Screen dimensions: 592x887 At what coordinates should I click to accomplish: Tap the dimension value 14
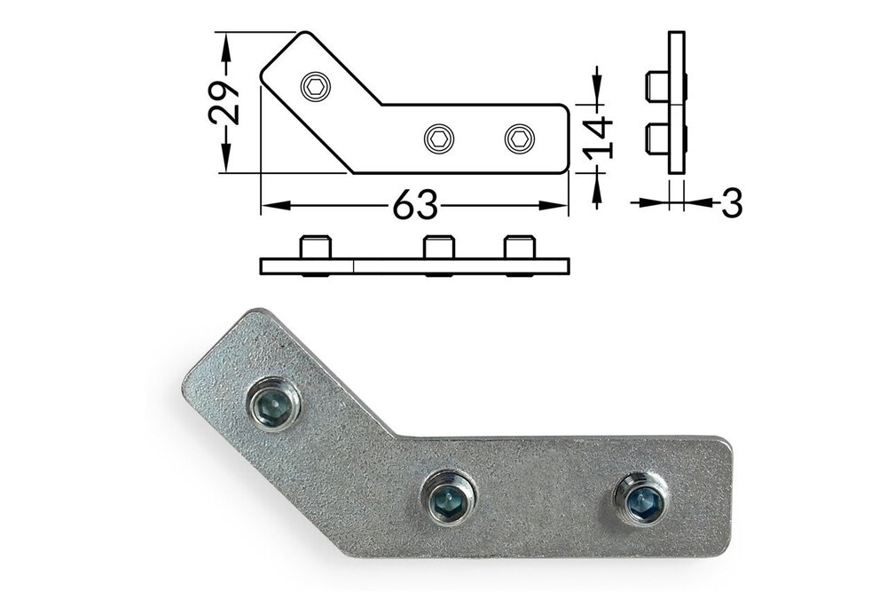coord(599,137)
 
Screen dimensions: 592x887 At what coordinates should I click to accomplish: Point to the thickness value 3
coord(731,203)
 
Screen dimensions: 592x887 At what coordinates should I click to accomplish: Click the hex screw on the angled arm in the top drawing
coord(315,86)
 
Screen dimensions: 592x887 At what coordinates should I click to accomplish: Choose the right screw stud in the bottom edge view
coord(519,247)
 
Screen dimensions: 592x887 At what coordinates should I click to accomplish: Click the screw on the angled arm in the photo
coord(272,404)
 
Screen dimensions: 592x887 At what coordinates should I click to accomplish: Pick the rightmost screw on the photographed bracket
coord(640,500)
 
